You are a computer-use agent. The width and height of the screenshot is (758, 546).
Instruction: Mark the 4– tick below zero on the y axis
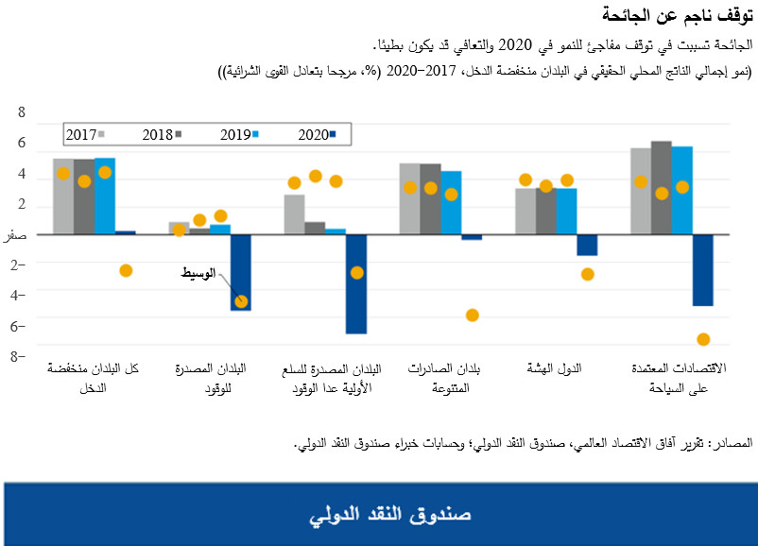pyautogui.click(x=17, y=294)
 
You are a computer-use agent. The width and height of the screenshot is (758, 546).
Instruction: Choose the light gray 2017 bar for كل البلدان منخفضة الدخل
pyautogui.click(x=63, y=196)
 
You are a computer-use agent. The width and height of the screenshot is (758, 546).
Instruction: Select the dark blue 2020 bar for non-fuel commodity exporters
pyautogui.click(x=355, y=283)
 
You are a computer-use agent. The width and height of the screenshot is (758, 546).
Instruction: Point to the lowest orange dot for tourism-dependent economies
pyautogui.click(x=702, y=340)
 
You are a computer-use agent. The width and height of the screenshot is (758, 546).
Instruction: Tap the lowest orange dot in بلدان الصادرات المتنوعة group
pyautogui.click(x=472, y=316)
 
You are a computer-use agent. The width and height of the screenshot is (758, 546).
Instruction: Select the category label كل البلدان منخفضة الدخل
pyautogui.click(x=94, y=378)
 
